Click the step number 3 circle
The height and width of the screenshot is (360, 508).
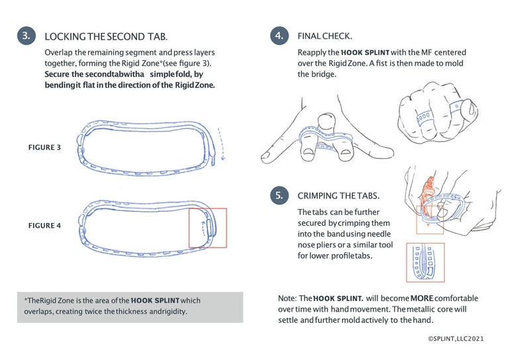(26, 36)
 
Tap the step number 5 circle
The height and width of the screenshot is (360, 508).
(279, 195)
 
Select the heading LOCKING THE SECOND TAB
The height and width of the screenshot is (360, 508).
(106, 36)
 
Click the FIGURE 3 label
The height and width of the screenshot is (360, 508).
(44, 148)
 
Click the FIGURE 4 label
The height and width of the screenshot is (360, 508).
(44, 226)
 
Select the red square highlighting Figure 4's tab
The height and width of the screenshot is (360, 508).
(207, 228)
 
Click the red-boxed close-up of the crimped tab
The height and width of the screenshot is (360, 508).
(425, 263)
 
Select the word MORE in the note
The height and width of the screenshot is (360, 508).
(421, 298)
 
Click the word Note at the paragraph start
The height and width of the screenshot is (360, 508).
(287, 298)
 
